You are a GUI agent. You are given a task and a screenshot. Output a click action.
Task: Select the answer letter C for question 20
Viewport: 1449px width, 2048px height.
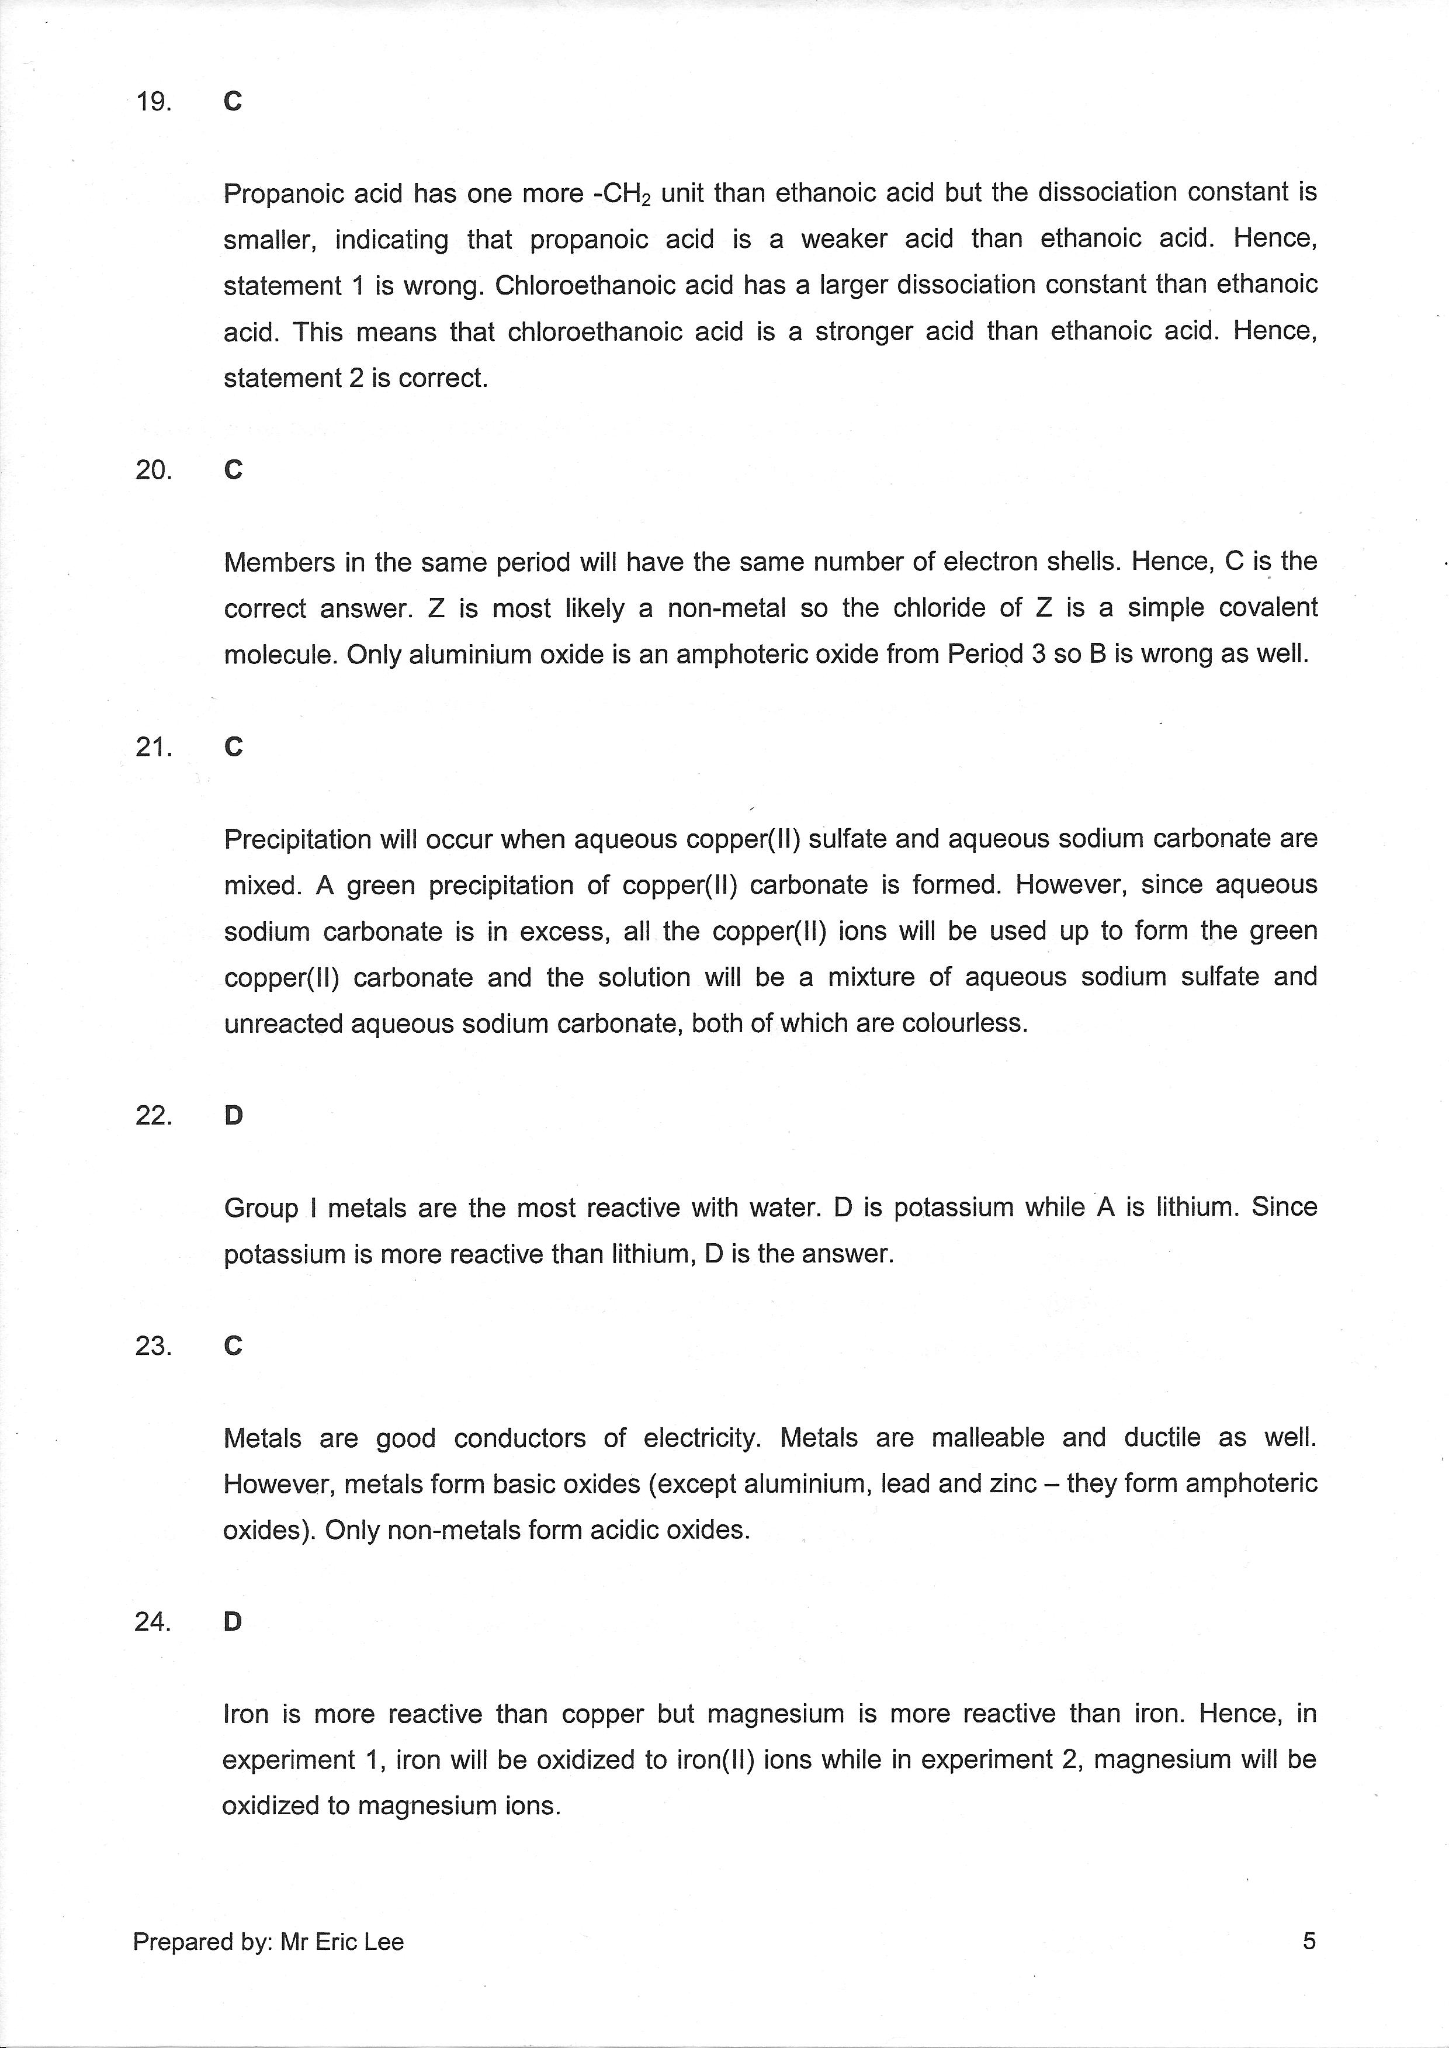tap(233, 471)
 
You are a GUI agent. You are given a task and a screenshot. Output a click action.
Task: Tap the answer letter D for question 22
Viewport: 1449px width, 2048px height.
tap(233, 1115)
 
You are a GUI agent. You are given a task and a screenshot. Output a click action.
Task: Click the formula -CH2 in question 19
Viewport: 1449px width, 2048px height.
tap(622, 193)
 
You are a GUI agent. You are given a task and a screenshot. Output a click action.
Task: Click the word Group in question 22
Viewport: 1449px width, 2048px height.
tap(261, 1208)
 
